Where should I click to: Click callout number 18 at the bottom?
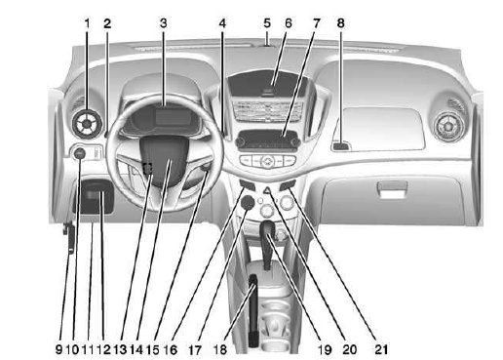pyautogui.click(x=248, y=345)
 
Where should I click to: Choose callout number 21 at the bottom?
pyautogui.click(x=368, y=345)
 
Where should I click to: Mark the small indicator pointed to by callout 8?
pyautogui.click(x=338, y=146)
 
